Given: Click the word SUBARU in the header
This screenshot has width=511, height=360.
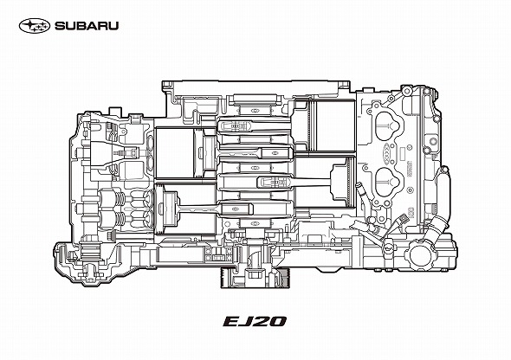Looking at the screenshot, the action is click(x=87, y=26).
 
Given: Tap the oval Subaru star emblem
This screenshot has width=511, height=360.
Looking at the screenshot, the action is click(x=35, y=26).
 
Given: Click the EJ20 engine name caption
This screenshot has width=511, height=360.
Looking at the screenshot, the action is click(x=255, y=321).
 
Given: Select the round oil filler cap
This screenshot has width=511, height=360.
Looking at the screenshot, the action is click(x=421, y=254).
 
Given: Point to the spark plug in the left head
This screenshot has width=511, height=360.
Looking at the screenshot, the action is click(x=126, y=152).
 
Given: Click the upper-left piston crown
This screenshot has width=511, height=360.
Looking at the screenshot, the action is click(x=205, y=152).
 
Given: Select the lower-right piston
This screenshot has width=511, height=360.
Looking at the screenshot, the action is click(x=343, y=183).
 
